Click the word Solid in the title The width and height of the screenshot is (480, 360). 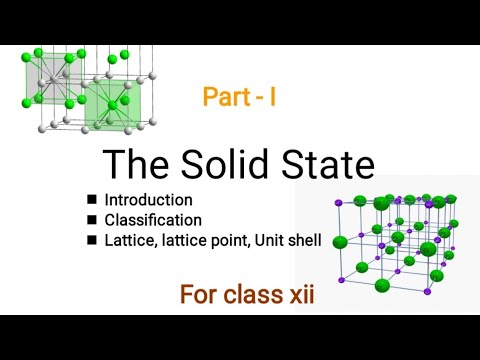coord(222,166)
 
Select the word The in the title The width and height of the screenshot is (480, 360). coord(135,166)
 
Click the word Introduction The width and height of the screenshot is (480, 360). coord(149,200)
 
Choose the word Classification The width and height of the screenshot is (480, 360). coord(154,220)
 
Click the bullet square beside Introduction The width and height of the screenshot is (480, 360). coord(91,200)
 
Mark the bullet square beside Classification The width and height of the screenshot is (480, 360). coord(91,220)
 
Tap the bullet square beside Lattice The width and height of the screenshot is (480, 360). coord(91,240)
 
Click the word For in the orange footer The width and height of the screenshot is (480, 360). coord(200,295)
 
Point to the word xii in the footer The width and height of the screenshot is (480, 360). coord(300,295)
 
